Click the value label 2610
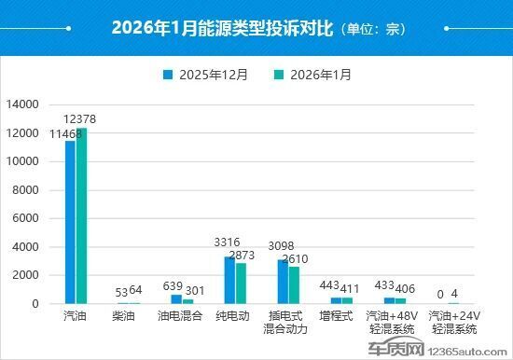click(295, 258)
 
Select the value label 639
click(173, 285)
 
